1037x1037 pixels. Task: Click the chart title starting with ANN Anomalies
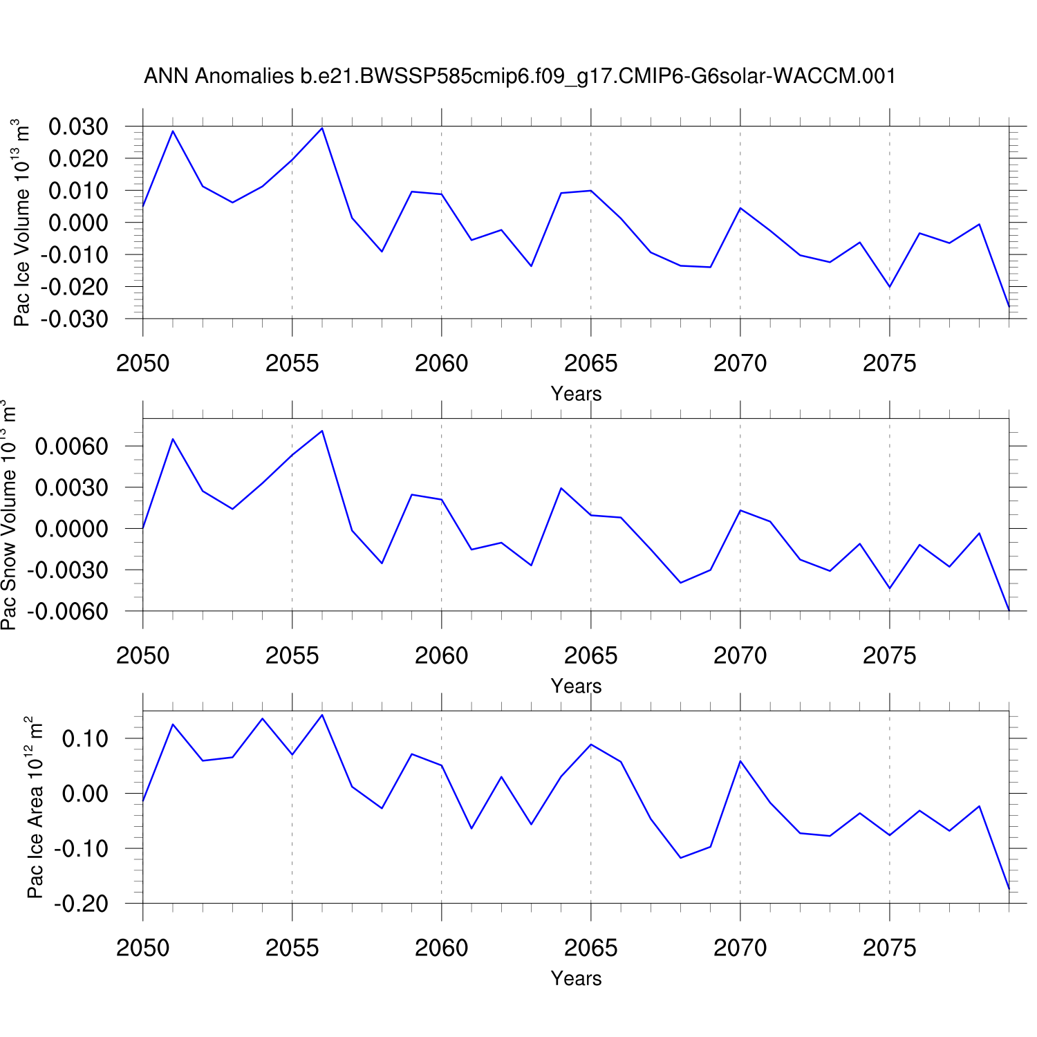(x=519, y=75)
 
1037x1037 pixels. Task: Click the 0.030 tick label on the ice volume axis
(x=78, y=127)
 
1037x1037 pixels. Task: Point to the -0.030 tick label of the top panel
(x=74, y=319)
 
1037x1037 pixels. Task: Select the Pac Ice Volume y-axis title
(x=22, y=223)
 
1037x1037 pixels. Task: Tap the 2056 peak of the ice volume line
(x=322, y=128)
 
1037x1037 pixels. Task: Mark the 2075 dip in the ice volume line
(x=890, y=287)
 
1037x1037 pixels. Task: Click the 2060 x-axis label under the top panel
(x=441, y=363)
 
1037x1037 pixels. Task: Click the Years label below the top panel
(x=576, y=394)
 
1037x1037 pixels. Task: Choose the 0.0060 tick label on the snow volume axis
(x=71, y=446)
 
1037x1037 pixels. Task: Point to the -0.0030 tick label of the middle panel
(x=67, y=570)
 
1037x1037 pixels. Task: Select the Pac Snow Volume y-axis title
(x=8, y=515)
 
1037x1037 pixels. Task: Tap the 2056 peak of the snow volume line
(x=322, y=431)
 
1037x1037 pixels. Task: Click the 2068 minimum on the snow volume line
(x=680, y=583)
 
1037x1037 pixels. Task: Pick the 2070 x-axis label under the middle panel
(x=740, y=655)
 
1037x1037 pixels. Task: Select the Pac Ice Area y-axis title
(x=35, y=807)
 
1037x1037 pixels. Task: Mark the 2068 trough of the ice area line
(x=680, y=858)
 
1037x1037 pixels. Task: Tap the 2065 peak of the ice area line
(x=591, y=745)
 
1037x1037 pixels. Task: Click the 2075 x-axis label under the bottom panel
(x=889, y=948)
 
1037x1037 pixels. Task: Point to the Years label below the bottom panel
(x=576, y=979)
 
